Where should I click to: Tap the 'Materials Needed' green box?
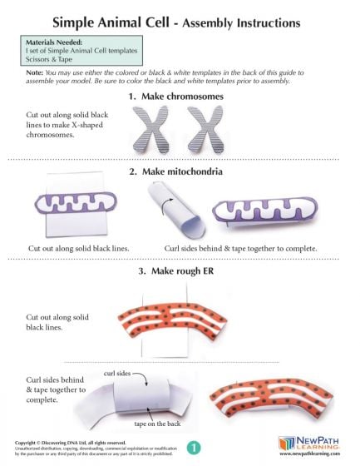(79, 50)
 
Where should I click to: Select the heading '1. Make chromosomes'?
(180, 97)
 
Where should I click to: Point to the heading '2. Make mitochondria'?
(180, 172)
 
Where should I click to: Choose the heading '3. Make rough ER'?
(180, 272)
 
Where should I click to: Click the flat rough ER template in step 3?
(179, 324)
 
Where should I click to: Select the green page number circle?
(193, 447)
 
